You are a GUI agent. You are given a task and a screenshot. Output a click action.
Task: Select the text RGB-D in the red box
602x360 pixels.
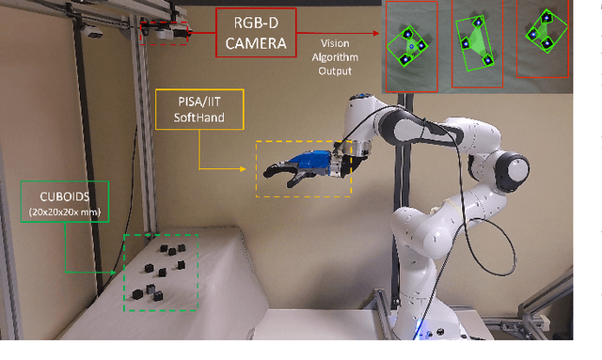252,21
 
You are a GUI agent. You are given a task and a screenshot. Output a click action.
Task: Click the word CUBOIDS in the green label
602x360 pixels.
63,196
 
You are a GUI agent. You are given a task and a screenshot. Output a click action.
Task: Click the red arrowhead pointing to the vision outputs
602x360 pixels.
381,42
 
